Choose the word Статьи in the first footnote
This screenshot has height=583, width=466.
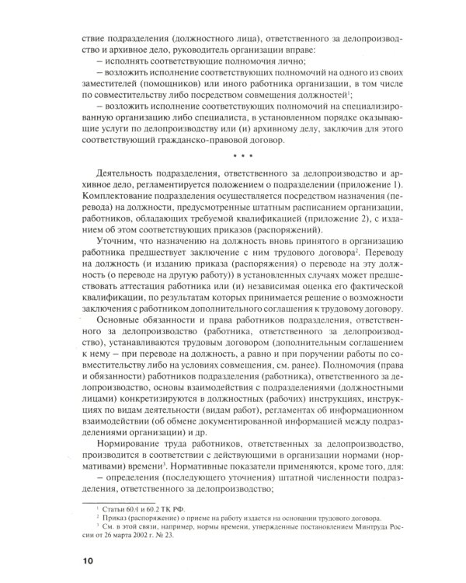pos(106,505)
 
